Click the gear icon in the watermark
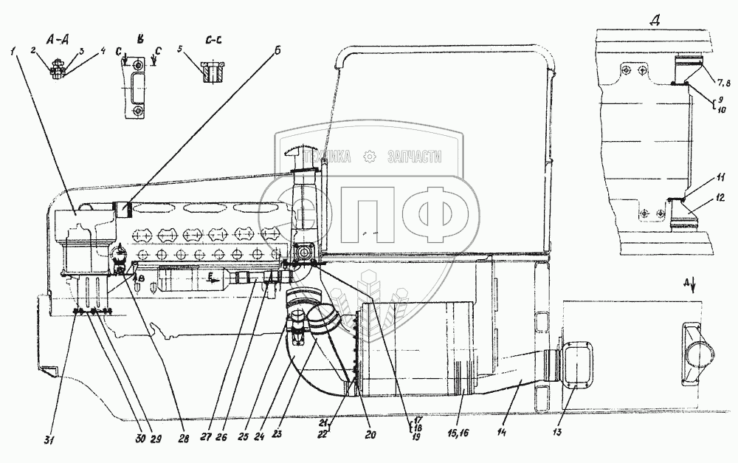pos(370,156)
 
